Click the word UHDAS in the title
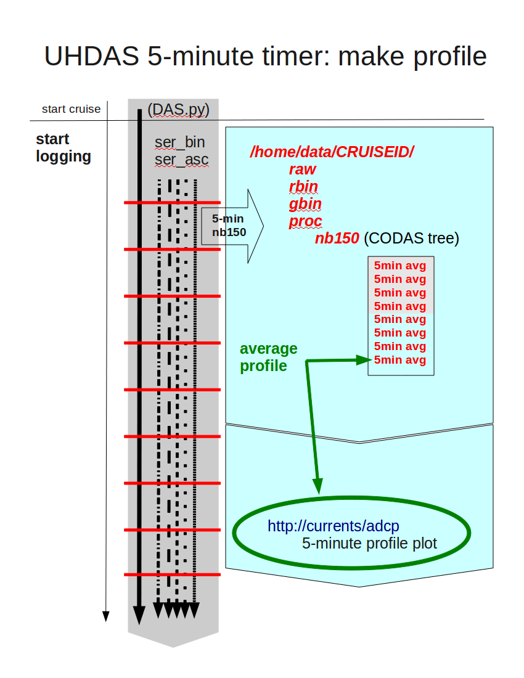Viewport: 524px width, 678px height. tap(92, 56)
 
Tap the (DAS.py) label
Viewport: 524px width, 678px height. tap(179, 109)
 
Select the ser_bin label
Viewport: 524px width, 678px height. tap(180, 142)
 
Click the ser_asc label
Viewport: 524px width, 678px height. tap(182, 160)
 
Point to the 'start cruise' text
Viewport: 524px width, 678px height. tap(72, 109)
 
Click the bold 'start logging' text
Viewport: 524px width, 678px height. tap(63, 148)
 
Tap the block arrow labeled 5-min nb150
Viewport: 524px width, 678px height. tap(232, 226)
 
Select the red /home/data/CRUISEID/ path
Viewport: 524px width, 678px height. tap(332, 152)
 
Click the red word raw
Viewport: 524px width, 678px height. tap(303, 169)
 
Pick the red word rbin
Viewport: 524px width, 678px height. tap(303, 186)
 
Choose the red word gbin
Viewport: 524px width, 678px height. tap(305, 203)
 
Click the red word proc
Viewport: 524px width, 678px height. tap(306, 221)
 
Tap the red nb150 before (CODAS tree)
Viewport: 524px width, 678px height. tap(337, 239)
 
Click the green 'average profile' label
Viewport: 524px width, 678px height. tap(269, 357)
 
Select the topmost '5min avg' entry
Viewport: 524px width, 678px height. tap(400, 266)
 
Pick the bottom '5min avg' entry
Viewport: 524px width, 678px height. tap(400, 360)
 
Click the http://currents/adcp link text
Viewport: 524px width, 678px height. tap(334, 526)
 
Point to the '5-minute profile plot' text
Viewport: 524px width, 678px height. tap(370, 543)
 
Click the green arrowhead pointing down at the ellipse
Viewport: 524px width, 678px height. tap(317, 486)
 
